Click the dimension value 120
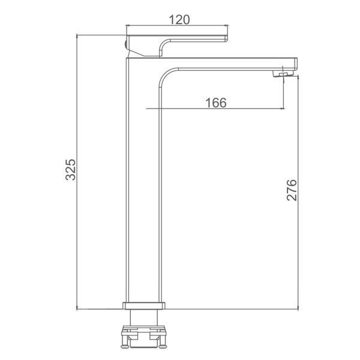(179, 20)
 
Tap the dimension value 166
(216, 103)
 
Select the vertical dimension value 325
(70, 169)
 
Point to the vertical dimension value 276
(292, 190)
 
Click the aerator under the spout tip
(283, 74)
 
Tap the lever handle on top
(177, 46)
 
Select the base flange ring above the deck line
(144, 305)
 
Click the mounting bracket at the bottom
(144, 337)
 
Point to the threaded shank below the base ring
(144, 317)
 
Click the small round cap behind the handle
(125, 44)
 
